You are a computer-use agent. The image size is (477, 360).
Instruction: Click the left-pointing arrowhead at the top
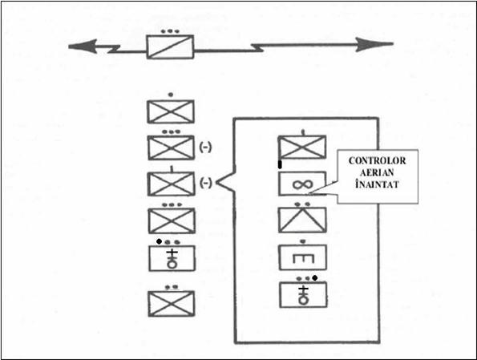click(83, 47)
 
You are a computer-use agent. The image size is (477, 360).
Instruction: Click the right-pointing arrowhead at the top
click(375, 44)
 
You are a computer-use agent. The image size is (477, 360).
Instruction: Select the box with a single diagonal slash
click(170, 47)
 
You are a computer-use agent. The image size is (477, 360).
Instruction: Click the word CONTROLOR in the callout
click(378, 160)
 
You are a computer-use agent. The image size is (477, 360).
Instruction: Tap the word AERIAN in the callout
click(378, 172)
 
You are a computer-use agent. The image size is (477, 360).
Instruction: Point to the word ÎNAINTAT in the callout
click(378, 184)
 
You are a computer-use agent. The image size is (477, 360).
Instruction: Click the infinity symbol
click(302, 184)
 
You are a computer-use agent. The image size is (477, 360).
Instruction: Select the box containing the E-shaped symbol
click(303, 257)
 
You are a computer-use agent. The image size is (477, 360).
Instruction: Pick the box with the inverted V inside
click(303, 220)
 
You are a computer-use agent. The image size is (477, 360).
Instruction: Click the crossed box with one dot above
click(171, 111)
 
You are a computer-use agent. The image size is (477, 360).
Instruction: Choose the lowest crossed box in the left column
click(171, 304)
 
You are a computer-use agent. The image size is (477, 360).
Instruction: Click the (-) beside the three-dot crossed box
click(205, 148)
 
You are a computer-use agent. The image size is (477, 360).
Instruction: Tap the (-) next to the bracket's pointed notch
click(205, 183)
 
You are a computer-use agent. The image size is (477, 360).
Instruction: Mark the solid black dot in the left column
click(159, 241)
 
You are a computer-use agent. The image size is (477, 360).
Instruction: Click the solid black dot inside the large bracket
click(315, 278)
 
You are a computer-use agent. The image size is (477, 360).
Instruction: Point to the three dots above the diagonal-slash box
click(170, 31)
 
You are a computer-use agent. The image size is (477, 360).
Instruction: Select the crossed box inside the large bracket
click(302, 148)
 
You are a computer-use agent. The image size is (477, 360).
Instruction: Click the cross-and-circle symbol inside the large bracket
click(303, 295)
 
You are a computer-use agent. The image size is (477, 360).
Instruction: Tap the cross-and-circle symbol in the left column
click(172, 259)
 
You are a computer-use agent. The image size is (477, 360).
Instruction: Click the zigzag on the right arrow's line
click(257, 47)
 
